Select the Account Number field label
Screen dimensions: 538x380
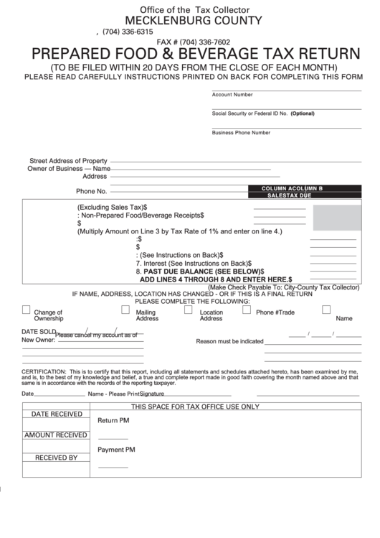pyautogui.click(x=232, y=94)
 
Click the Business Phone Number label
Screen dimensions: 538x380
pyautogui.click(x=241, y=132)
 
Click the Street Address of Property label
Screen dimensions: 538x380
pyautogui.click(x=68, y=161)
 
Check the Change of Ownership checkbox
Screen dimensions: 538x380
pyautogui.click(x=27, y=310)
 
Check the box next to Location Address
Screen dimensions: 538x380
pyautogui.click(x=189, y=310)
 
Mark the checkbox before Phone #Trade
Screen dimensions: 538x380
pyautogui.click(x=246, y=310)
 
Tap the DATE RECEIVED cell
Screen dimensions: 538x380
pyautogui.click(x=55, y=414)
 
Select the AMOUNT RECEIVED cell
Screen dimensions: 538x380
pyautogui.click(x=55, y=435)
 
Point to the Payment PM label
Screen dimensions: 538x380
pyautogui.click(x=116, y=450)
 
